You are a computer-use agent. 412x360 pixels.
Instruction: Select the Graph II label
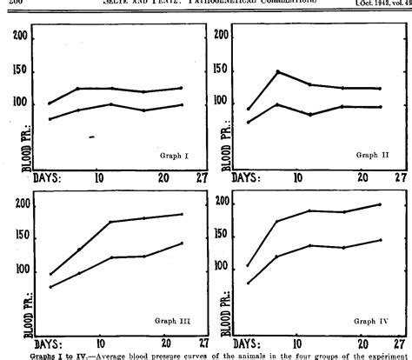point(372,155)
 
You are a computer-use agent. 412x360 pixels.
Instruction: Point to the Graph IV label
point(371,322)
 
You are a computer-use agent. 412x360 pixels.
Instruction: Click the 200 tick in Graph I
point(24,37)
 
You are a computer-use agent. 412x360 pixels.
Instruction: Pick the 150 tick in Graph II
point(223,71)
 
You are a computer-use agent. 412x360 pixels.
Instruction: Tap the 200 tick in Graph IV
point(223,203)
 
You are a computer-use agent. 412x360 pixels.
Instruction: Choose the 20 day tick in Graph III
point(163,343)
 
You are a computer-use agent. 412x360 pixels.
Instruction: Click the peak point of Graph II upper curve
point(277,71)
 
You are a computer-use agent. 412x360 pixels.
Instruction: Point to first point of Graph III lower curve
point(50,286)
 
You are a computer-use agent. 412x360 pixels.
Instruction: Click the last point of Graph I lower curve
point(181,104)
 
